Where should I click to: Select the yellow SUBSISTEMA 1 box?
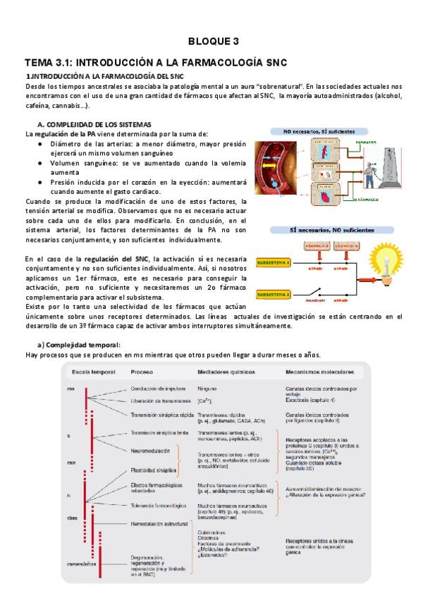[x=273, y=262]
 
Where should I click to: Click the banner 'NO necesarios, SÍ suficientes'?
[x=315, y=131]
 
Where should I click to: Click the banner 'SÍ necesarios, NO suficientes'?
[x=321, y=230]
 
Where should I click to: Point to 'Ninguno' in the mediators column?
[x=207, y=389]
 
